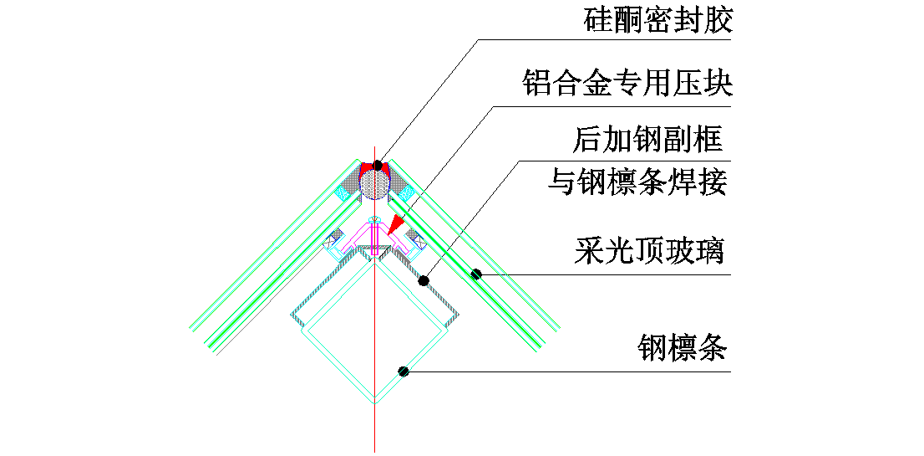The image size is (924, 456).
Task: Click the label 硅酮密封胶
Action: coord(657,20)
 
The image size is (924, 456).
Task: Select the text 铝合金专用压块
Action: coord(627,84)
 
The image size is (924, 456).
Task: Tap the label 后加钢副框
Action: coord(647,140)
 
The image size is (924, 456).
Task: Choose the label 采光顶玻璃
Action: coord(648,251)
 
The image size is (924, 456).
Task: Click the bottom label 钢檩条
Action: coord(683,346)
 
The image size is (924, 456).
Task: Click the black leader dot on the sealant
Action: coord(378,166)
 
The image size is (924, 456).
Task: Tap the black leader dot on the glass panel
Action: coord(475,274)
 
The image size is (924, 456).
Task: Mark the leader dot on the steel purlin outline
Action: coord(403,371)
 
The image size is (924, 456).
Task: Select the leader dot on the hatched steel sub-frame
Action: coord(424,280)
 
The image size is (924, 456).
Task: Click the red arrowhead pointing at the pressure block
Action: coord(393,223)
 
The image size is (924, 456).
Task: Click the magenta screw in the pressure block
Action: coord(376,238)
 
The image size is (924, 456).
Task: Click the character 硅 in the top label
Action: coord(595,20)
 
